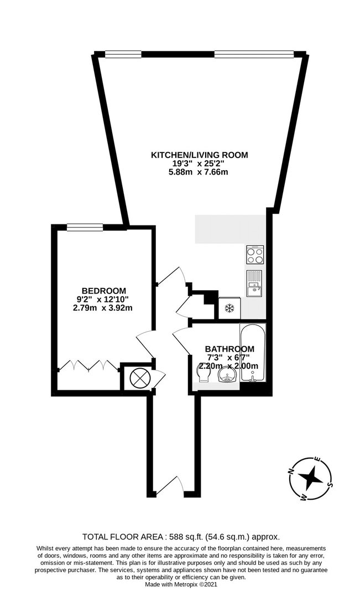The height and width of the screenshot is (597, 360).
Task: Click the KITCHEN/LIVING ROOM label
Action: (200, 155)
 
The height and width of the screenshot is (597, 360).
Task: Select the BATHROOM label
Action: (229, 349)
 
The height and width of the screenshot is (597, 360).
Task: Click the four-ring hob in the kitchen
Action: (255, 255)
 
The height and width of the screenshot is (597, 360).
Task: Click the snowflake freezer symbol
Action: (229, 308)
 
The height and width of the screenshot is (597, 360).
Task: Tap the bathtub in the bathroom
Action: (253, 352)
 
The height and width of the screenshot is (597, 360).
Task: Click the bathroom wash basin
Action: (227, 376)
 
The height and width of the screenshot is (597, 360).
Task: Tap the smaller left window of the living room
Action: (123, 54)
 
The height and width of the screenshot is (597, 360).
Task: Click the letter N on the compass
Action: (291, 471)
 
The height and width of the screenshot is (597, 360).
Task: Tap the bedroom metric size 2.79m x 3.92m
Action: (103, 308)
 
